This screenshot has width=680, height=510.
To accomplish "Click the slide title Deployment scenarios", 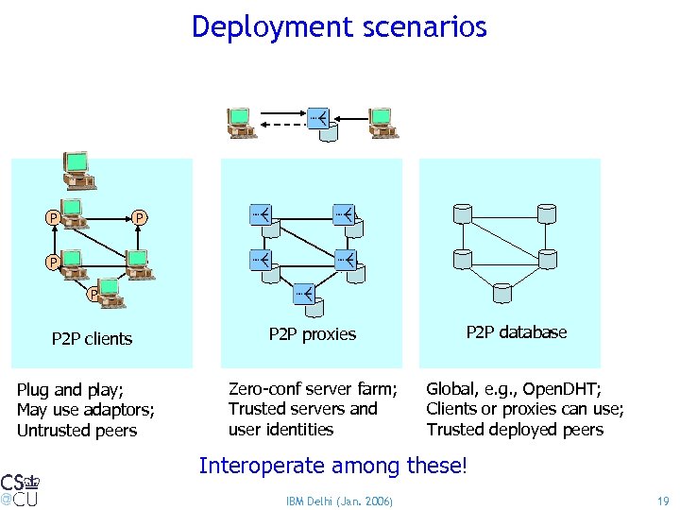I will point(339,26).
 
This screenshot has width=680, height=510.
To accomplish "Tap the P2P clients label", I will point(92,339).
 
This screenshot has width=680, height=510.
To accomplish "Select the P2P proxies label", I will point(313,334).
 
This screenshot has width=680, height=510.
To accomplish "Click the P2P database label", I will point(516,332).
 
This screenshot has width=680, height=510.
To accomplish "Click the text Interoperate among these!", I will point(332,465).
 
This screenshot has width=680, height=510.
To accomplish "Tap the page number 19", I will point(661,500).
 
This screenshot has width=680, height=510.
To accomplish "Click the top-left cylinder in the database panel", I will point(462,214).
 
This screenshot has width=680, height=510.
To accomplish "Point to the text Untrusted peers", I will point(76,431).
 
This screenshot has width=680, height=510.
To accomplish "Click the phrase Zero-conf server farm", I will point(313,389).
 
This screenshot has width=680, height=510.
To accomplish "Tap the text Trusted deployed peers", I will point(515,430).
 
